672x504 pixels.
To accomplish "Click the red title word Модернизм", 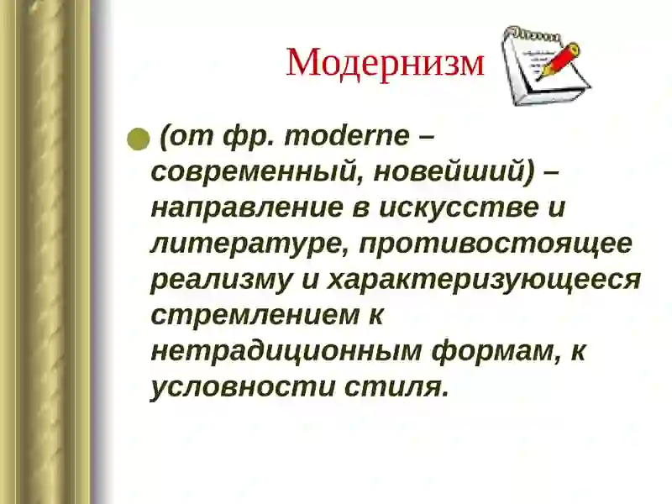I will click(x=385, y=63).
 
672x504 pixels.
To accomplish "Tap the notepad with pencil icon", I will click(x=544, y=66).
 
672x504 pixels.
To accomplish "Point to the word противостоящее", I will click(x=487, y=244).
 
